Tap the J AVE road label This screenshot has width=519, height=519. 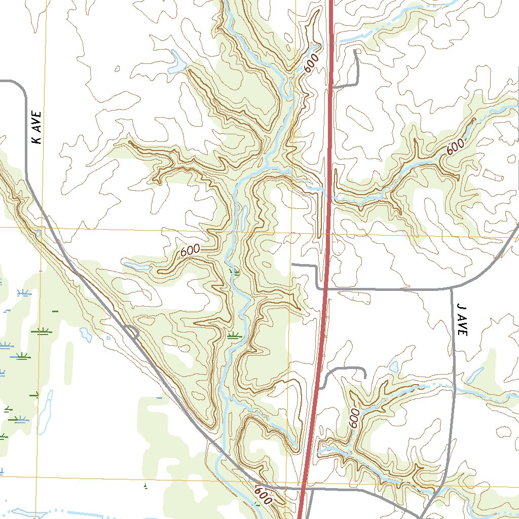(x=462, y=320)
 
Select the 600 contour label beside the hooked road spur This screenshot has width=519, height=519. (x=354, y=419)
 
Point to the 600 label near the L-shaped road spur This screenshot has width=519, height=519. (x=312, y=63)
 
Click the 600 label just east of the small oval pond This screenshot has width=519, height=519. (x=190, y=251)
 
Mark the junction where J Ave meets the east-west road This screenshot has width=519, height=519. (x=452, y=289)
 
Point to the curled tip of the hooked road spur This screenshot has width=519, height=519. (x=365, y=376)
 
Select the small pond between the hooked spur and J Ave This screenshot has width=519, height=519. (x=394, y=366)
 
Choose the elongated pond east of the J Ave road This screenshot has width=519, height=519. (x=475, y=375)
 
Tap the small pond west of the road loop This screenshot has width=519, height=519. (x=86, y=334)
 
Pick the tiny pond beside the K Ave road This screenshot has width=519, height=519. (x=38, y=234)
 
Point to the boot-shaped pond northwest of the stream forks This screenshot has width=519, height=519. (x=177, y=62)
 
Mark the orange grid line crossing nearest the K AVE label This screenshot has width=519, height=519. (x=44, y=228)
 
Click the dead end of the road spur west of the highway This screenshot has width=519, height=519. (x=293, y=265)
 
